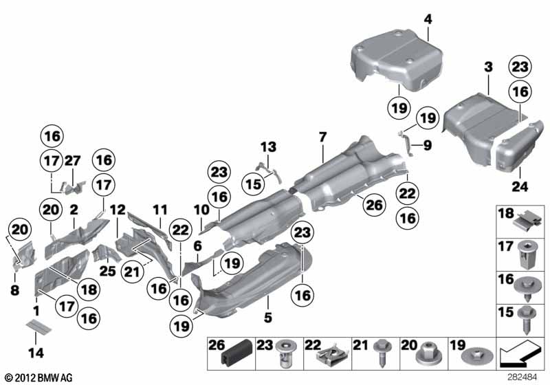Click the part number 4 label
(428, 20)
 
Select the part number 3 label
(487, 67)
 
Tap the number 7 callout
(322, 138)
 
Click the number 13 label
(267, 146)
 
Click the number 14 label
(36, 353)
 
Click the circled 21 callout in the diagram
(129, 274)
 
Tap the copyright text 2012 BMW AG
(38, 377)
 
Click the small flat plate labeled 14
(40, 325)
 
